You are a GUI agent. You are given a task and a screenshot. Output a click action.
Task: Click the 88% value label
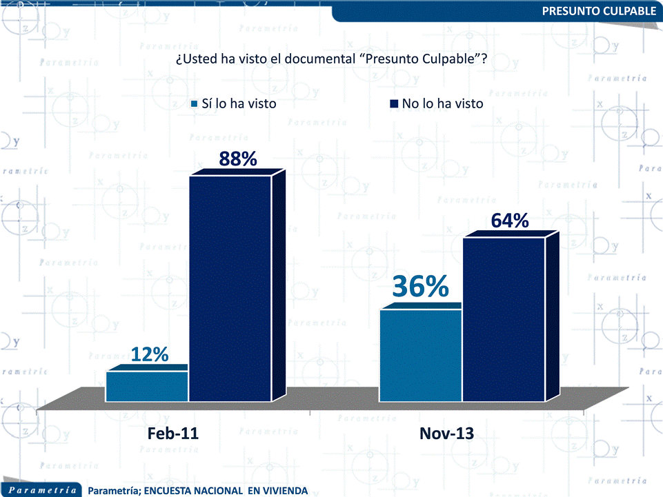[238, 159]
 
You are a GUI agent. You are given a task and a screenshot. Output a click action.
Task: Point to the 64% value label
[510, 221]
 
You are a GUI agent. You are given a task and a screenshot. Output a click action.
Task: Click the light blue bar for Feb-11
[146, 387]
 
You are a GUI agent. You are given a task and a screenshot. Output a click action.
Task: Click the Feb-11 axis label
[172, 434]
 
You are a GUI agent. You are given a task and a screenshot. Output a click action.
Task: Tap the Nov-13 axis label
[446, 434]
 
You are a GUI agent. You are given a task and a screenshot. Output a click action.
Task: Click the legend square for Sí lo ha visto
[194, 104]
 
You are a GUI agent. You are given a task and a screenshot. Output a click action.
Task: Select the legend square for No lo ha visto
[395, 104]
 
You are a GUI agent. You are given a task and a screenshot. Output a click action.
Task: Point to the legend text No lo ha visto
[442, 104]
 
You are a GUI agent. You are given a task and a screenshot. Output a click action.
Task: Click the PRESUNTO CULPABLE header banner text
[599, 11]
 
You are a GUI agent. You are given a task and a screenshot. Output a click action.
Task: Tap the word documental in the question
[321, 59]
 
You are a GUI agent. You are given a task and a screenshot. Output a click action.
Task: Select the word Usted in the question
[200, 59]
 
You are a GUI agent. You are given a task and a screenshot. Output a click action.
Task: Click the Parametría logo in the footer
[43, 490]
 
